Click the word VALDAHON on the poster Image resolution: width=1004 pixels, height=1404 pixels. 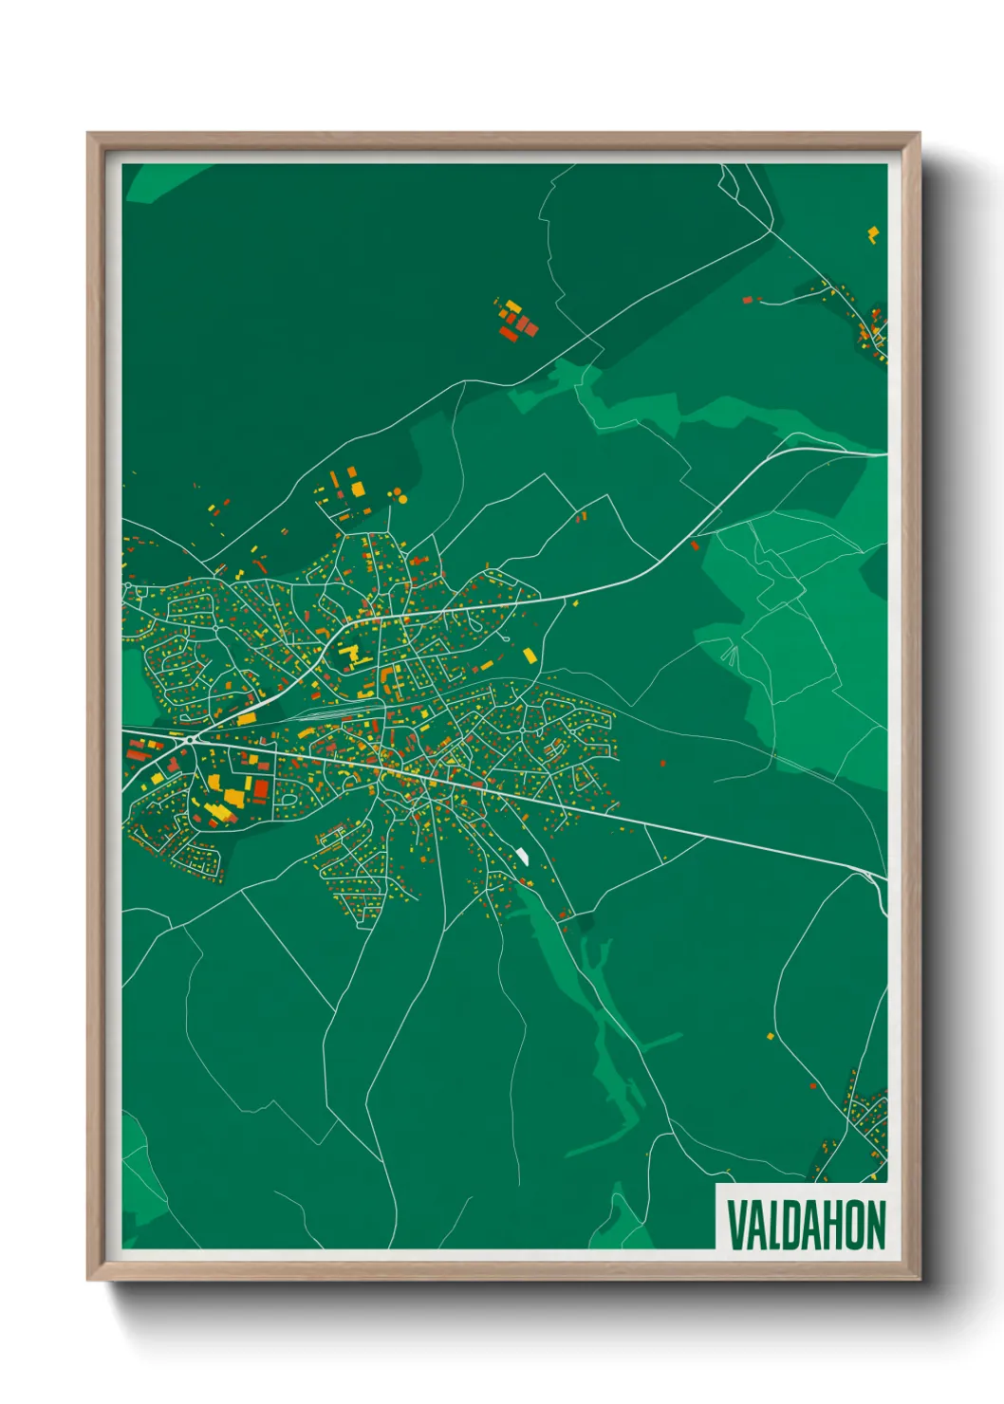pyautogui.click(x=806, y=1225)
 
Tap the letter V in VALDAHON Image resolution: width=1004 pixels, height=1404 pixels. pyautogui.click(x=735, y=1225)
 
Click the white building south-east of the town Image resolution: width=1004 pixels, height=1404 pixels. pyautogui.click(x=522, y=856)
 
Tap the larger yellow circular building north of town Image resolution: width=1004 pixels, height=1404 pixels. pyautogui.click(x=401, y=497)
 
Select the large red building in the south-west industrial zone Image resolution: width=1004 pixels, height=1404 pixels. pyautogui.click(x=261, y=789)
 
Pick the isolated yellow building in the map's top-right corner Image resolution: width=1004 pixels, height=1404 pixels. pyautogui.click(x=872, y=233)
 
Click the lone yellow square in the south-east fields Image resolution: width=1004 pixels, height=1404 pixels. pyautogui.click(x=771, y=1036)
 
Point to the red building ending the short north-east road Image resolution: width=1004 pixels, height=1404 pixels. pyautogui.click(x=747, y=300)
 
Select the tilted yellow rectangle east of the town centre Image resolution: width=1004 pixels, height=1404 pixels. pyautogui.click(x=530, y=655)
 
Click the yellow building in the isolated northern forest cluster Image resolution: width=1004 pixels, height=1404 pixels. pyautogui.click(x=512, y=305)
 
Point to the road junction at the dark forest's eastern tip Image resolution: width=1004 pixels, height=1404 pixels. pyautogui.click(x=772, y=229)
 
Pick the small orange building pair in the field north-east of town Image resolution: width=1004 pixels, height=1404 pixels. pyautogui.click(x=582, y=517)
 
